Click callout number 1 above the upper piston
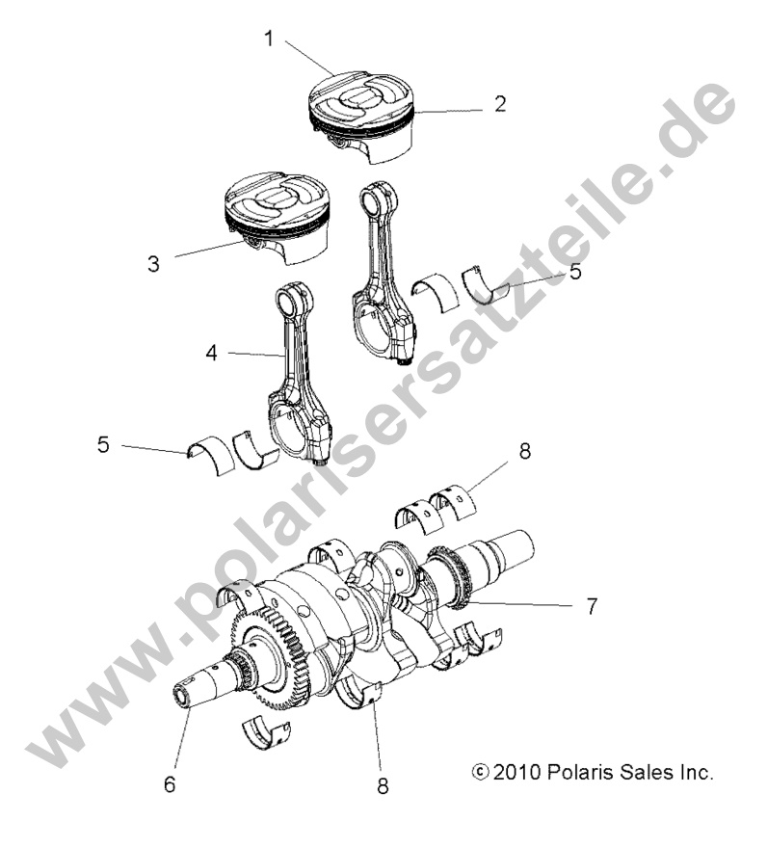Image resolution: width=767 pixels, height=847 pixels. pyautogui.click(x=270, y=40)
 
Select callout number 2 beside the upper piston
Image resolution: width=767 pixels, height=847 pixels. pyautogui.click(x=499, y=104)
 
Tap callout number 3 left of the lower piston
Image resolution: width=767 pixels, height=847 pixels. pyautogui.click(x=153, y=263)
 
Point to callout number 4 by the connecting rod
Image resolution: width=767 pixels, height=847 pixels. pyautogui.click(x=211, y=354)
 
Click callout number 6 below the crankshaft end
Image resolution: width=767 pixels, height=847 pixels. pyautogui.click(x=170, y=784)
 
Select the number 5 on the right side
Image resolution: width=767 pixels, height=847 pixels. pyautogui.click(x=575, y=272)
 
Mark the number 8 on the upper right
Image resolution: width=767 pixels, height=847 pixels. pyautogui.click(x=525, y=450)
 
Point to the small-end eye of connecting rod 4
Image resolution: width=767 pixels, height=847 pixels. pyautogui.click(x=293, y=300)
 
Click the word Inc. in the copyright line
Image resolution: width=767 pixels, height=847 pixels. pyautogui.click(x=695, y=772)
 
